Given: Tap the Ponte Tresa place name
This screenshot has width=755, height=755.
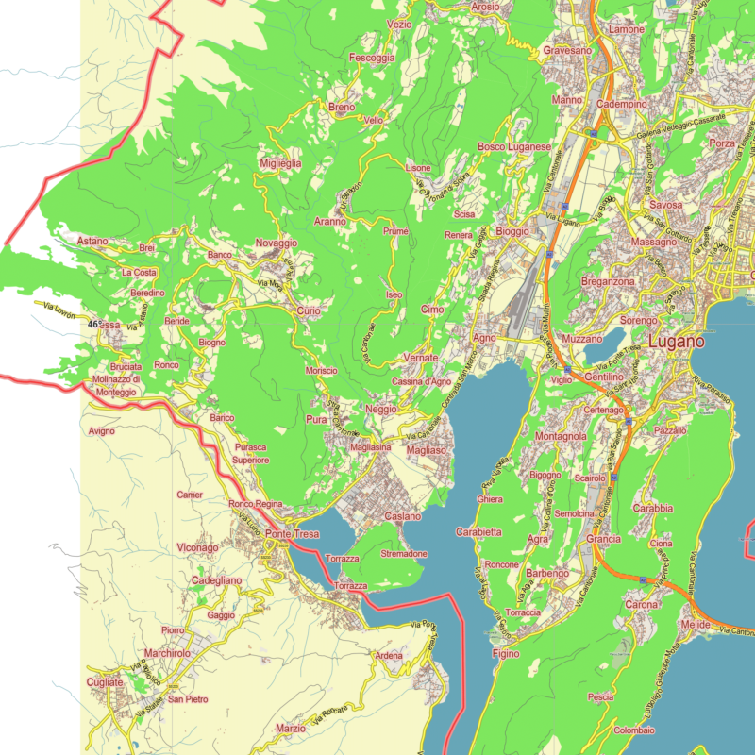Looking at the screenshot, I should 292,534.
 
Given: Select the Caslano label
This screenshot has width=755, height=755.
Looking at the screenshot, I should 403,516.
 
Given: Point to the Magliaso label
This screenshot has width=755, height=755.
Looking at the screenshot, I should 426,452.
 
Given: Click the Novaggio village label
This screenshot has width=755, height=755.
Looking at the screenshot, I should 276,243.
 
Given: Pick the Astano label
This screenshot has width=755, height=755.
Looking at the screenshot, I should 93,242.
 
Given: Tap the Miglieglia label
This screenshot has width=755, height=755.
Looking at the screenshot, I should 280,163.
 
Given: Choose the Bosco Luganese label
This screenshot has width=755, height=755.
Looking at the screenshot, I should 513,147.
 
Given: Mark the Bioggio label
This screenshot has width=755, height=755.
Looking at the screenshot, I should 512,232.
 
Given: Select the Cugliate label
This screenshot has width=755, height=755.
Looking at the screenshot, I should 104,681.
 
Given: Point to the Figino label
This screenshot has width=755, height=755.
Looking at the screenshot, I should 506,653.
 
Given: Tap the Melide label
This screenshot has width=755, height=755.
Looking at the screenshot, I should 694,626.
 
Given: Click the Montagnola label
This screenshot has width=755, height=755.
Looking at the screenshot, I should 561,437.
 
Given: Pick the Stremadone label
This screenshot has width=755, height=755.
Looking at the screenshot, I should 404,553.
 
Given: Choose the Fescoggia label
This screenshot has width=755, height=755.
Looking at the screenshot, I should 372,58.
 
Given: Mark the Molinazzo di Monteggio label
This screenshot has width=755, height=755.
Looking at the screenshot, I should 116,385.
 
